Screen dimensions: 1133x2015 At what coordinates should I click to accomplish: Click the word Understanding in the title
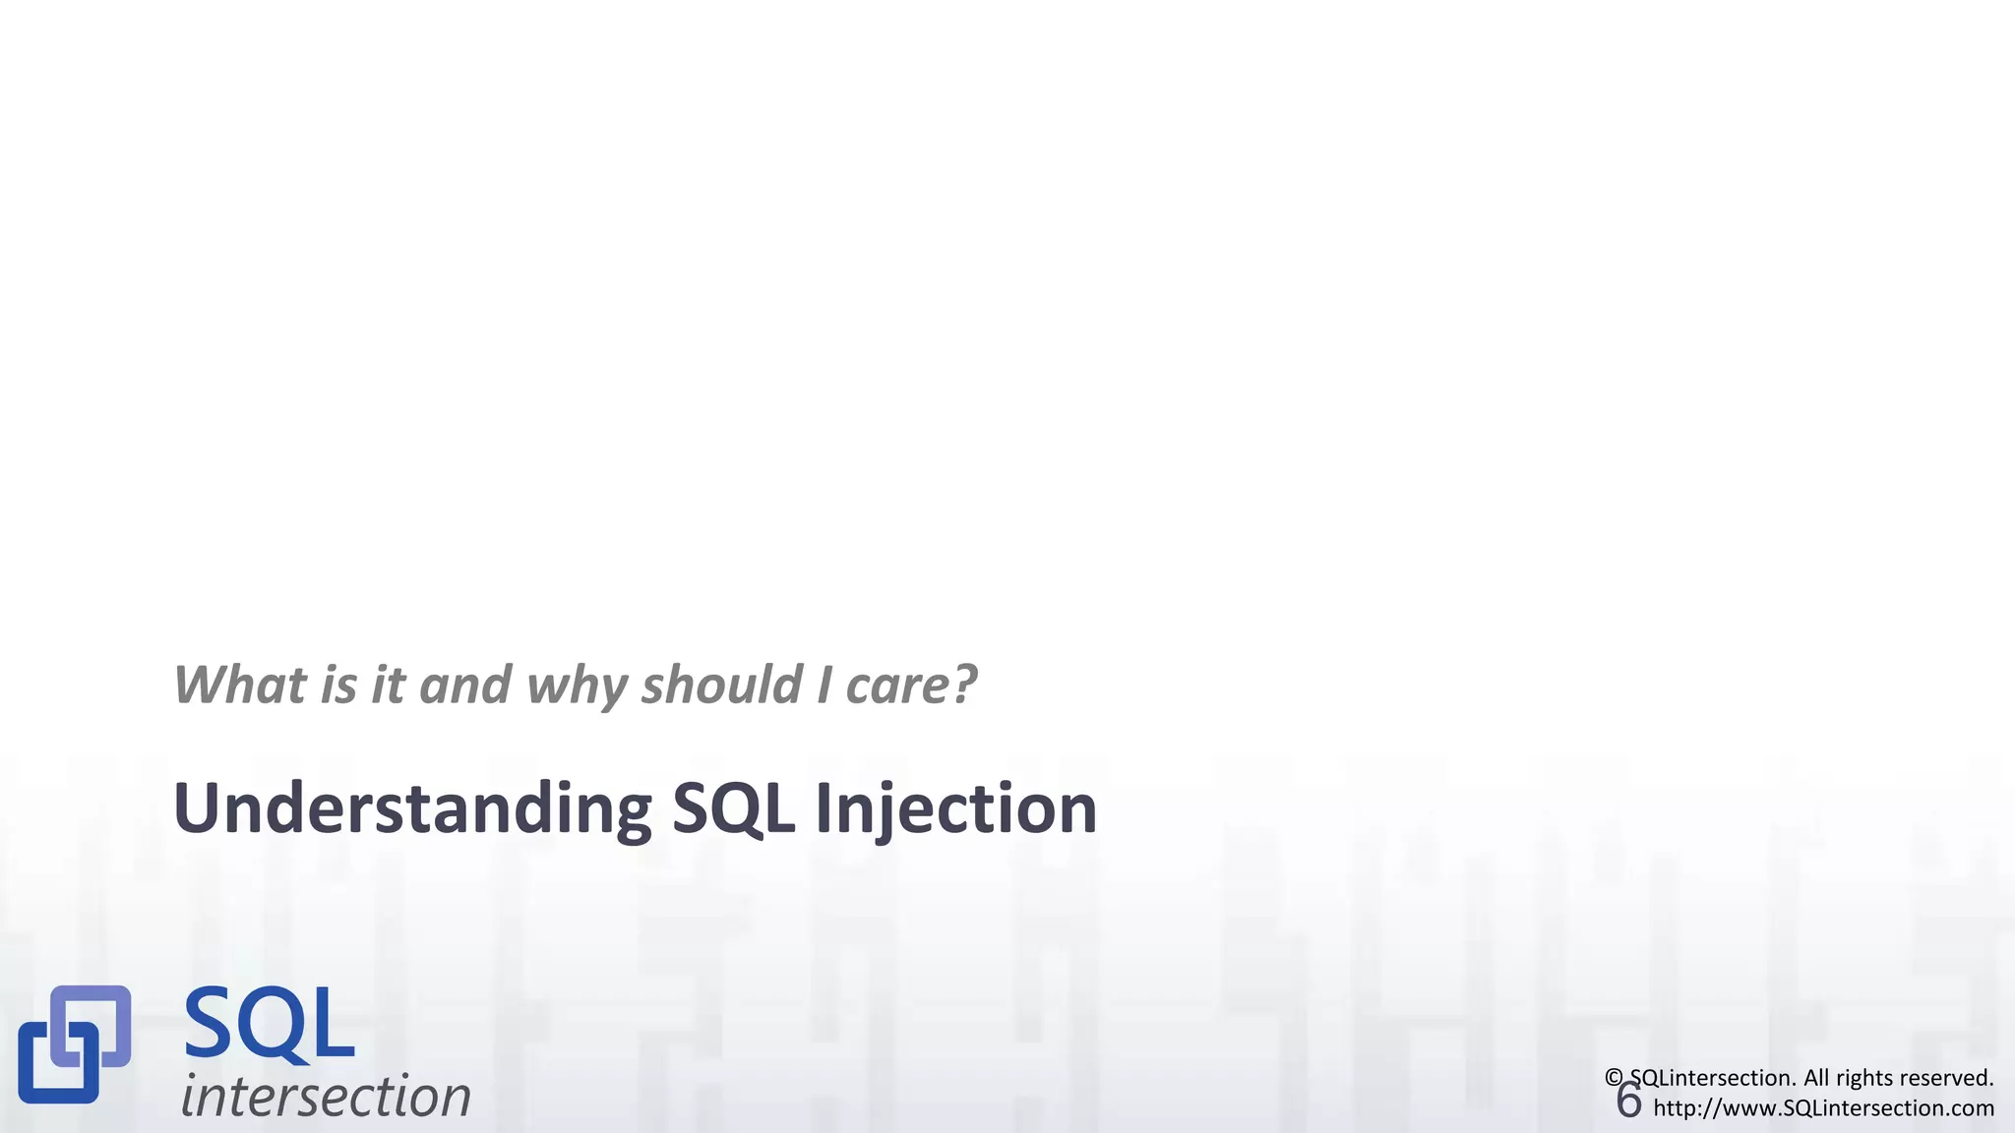click(x=411, y=808)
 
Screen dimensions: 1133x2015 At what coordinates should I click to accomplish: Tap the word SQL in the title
click(x=732, y=808)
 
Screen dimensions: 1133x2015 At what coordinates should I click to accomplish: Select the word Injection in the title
click(x=955, y=808)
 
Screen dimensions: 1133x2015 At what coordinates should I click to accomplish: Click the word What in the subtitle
click(x=239, y=685)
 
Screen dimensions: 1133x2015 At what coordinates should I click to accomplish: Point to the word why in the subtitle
click(x=578, y=686)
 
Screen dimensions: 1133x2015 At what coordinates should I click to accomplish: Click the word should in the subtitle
click(x=721, y=685)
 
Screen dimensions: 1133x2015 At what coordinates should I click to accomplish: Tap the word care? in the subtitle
click(x=911, y=686)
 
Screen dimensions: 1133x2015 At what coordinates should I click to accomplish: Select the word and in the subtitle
click(x=465, y=685)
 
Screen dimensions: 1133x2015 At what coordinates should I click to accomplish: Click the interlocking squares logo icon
click(x=75, y=1044)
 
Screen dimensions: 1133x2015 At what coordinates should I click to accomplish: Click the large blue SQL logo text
click(x=269, y=1025)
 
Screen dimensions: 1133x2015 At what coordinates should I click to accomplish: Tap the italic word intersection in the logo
click(x=326, y=1096)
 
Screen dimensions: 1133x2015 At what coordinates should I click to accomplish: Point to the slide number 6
click(x=1628, y=1101)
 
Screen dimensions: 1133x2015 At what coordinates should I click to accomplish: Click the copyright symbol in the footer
click(x=1614, y=1078)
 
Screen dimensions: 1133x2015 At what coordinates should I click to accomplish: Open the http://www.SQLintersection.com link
click(x=1823, y=1108)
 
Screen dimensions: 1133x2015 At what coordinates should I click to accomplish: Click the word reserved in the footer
click(x=1949, y=1078)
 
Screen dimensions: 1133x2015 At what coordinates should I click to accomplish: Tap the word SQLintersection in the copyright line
click(x=1713, y=1078)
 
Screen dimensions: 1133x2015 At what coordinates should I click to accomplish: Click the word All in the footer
click(x=1818, y=1078)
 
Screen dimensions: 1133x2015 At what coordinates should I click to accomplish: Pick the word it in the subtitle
click(x=388, y=685)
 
